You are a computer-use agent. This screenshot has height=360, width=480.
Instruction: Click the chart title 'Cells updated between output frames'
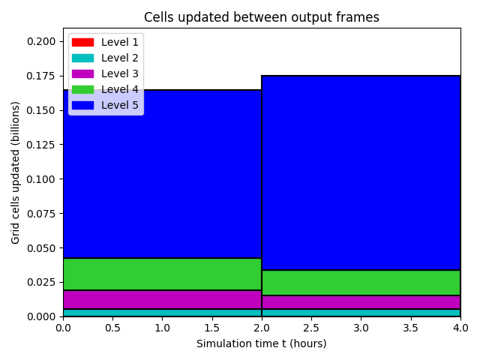pyautogui.click(x=262, y=17)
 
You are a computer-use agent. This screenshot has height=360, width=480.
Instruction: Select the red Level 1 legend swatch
pyautogui.click(x=82, y=42)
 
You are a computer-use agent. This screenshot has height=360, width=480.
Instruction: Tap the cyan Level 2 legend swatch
pyautogui.click(x=82, y=58)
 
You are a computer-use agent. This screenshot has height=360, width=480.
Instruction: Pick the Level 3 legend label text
pyautogui.click(x=120, y=73)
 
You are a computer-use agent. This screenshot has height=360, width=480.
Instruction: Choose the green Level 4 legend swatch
pyautogui.click(x=82, y=90)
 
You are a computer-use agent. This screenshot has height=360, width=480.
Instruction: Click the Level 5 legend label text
pyautogui.click(x=120, y=105)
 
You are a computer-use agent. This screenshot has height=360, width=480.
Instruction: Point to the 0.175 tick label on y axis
pyautogui.click(x=41, y=76)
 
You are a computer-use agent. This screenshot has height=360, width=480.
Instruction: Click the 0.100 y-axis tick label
pyautogui.click(x=41, y=179)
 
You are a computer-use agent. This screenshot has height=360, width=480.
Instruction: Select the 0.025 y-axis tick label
pyautogui.click(x=41, y=282)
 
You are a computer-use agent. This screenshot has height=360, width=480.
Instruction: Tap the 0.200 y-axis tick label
pyautogui.click(x=41, y=42)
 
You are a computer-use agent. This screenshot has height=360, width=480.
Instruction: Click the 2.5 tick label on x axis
pyautogui.click(x=311, y=328)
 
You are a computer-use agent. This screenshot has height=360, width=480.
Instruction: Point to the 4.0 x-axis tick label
pyautogui.click(x=460, y=328)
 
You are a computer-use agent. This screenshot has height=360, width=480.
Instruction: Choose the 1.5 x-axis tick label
pyautogui.click(x=211, y=328)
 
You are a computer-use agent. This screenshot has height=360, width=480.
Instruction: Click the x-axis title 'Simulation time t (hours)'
pyautogui.click(x=262, y=343)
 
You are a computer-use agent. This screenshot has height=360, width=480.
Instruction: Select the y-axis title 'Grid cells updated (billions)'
pyautogui.click(x=15, y=173)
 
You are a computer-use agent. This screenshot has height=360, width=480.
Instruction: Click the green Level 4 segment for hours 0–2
pyautogui.click(x=162, y=274)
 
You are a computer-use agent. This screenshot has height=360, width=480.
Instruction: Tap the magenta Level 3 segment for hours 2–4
pyautogui.click(x=361, y=302)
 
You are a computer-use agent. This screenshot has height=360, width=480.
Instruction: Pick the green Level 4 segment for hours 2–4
pyautogui.click(x=361, y=283)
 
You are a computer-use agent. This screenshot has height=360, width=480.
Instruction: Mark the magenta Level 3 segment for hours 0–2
pyautogui.click(x=162, y=300)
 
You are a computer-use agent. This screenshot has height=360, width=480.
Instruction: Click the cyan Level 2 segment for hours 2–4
pyautogui.click(x=361, y=313)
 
